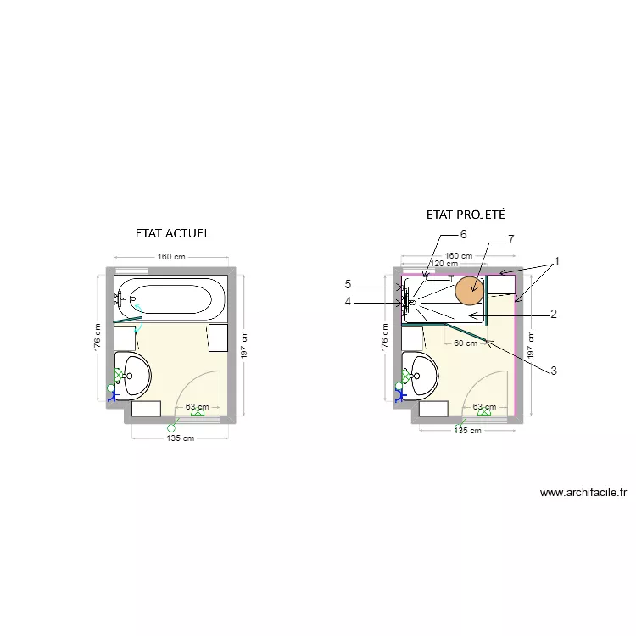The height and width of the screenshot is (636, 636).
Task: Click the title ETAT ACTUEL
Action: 172,232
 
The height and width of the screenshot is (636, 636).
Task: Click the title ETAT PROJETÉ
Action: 466,215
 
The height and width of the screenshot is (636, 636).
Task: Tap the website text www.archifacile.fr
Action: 583,492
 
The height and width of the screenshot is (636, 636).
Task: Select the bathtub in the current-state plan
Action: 170,298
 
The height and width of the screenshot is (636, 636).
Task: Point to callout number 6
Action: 463,234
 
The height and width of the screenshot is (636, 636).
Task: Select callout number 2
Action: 553,315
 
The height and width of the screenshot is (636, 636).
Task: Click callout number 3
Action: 553,370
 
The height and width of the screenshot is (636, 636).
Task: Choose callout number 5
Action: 348,284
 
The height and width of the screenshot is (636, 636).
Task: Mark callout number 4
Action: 348,301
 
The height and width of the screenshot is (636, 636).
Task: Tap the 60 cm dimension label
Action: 464,343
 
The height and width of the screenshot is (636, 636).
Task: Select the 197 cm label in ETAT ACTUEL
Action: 243,343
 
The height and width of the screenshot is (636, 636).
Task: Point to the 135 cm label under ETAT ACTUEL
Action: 181,438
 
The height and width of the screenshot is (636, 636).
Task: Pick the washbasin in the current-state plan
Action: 134,374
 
